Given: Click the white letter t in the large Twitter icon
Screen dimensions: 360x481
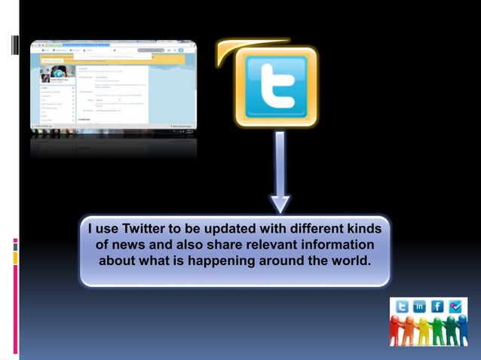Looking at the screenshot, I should pos(276,85).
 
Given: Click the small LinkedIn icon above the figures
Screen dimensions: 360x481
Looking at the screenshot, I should pos(420,307).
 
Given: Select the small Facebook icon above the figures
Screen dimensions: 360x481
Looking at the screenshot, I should pos(438,307).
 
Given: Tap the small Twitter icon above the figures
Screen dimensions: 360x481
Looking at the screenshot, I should pos(402,307).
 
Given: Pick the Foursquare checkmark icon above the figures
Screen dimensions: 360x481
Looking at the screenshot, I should pos(455,307).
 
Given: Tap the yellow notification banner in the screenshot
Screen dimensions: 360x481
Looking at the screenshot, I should pos(113,56).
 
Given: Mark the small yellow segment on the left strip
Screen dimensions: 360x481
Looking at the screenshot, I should pos(15,258).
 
